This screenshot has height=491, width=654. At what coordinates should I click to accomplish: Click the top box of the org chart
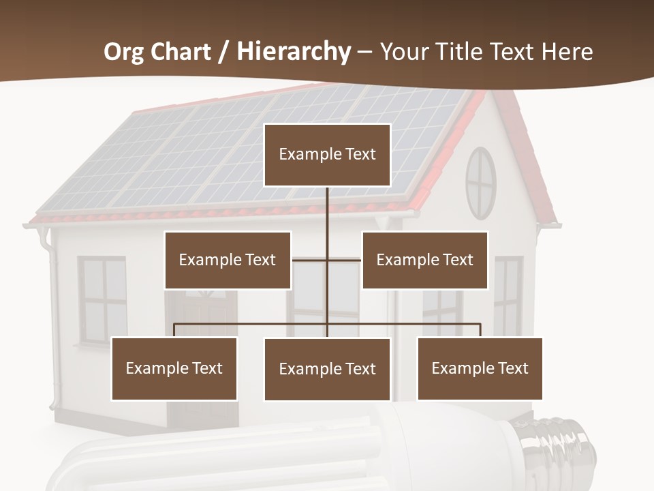click(x=327, y=155)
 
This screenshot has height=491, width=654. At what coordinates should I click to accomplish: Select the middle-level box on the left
click(x=228, y=260)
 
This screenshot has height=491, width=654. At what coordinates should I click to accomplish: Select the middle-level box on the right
click(x=424, y=260)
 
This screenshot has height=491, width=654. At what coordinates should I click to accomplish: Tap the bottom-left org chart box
click(x=174, y=368)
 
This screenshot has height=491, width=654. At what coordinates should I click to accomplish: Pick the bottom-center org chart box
click(x=327, y=369)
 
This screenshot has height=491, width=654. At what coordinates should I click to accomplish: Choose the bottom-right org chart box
click(x=480, y=368)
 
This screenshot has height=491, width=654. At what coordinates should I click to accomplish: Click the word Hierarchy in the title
click(x=294, y=52)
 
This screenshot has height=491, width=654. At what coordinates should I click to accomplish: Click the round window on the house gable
click(x=481, y=183)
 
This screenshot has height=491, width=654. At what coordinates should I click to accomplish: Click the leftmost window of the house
click(x=102, y=300)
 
